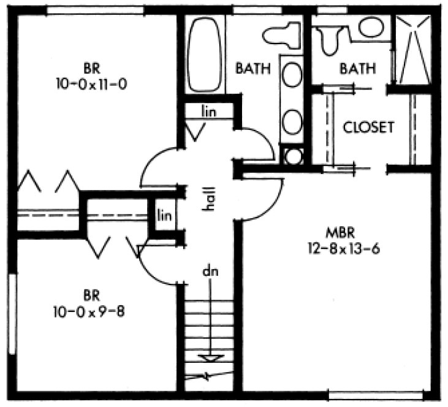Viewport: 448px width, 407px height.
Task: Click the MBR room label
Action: (337, 234)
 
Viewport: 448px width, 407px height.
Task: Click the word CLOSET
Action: (368, 127)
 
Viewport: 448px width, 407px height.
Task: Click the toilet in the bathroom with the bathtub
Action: (283, 36)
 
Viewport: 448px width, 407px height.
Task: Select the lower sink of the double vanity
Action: (292, 119)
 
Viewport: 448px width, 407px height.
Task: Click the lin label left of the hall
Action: (163, 215)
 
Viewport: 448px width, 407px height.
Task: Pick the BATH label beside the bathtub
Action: (253, 69)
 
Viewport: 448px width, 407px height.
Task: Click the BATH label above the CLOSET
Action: (357, 69)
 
